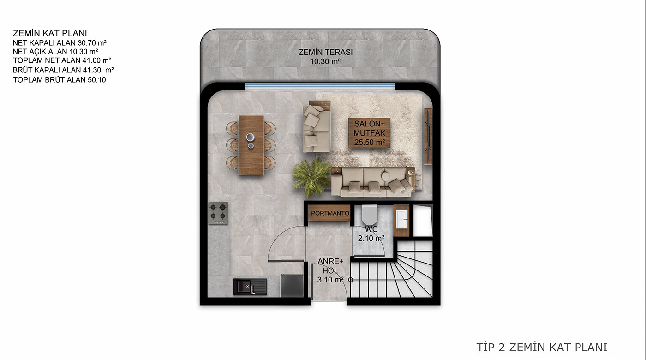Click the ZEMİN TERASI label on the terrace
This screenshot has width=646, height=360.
coord(325,53)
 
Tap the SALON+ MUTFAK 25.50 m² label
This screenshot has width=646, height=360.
coord(370,133)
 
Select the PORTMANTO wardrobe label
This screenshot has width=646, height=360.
coord(330,213)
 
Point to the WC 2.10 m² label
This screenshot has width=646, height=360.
coord(371,234)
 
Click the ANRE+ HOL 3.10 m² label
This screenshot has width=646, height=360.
coord(330,270)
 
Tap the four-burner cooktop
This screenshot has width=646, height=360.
coord(218,213)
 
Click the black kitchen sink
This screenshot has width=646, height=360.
coord(250,287)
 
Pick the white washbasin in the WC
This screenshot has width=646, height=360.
coord(402,220)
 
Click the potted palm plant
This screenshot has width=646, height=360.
coord(312,177)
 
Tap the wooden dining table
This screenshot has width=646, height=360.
coord(251,145)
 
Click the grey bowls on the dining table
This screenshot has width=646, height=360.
coord(250,140)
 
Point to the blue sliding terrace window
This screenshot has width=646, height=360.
coord(320,86)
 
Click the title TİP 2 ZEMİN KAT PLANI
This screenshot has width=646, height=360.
coord(542,347)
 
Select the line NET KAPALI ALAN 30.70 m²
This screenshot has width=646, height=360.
coord(60,43)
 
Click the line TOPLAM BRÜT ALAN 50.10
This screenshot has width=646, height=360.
coord(60,80)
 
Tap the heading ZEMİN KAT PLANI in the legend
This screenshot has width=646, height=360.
coord(50,33)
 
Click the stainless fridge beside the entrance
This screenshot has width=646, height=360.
coord(292,285)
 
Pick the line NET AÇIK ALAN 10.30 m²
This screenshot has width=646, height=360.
coord(55,52)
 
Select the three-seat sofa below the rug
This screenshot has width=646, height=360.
coord(373,182)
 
